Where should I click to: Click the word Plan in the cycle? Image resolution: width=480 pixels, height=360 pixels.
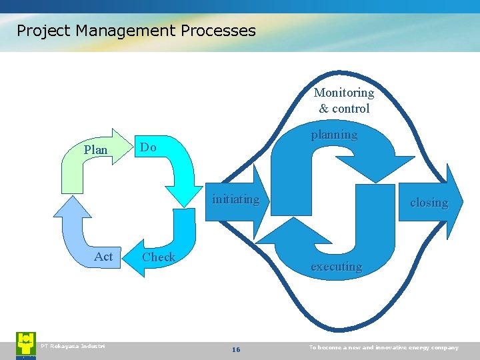(x=95, y=150)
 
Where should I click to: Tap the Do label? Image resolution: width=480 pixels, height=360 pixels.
(x=148, y=147)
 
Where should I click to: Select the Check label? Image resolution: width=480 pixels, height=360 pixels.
(x=159, y=257)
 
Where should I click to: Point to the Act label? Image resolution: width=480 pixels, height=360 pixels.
(x=103, y=257)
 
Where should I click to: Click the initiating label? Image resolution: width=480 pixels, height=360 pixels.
(x=235, y=199)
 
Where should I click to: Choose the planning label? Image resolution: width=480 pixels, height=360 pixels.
(x=334, y=135)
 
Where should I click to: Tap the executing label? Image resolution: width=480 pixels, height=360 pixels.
(x=336, y=267)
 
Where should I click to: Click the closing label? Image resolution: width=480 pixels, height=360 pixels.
(x=429, y=203)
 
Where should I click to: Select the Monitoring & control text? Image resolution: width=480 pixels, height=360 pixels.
(x=344, y=100)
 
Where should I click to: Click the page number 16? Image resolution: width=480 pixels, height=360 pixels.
(x=235, y=350)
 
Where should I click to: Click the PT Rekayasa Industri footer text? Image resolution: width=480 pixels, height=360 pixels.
(x=73, y=345)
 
